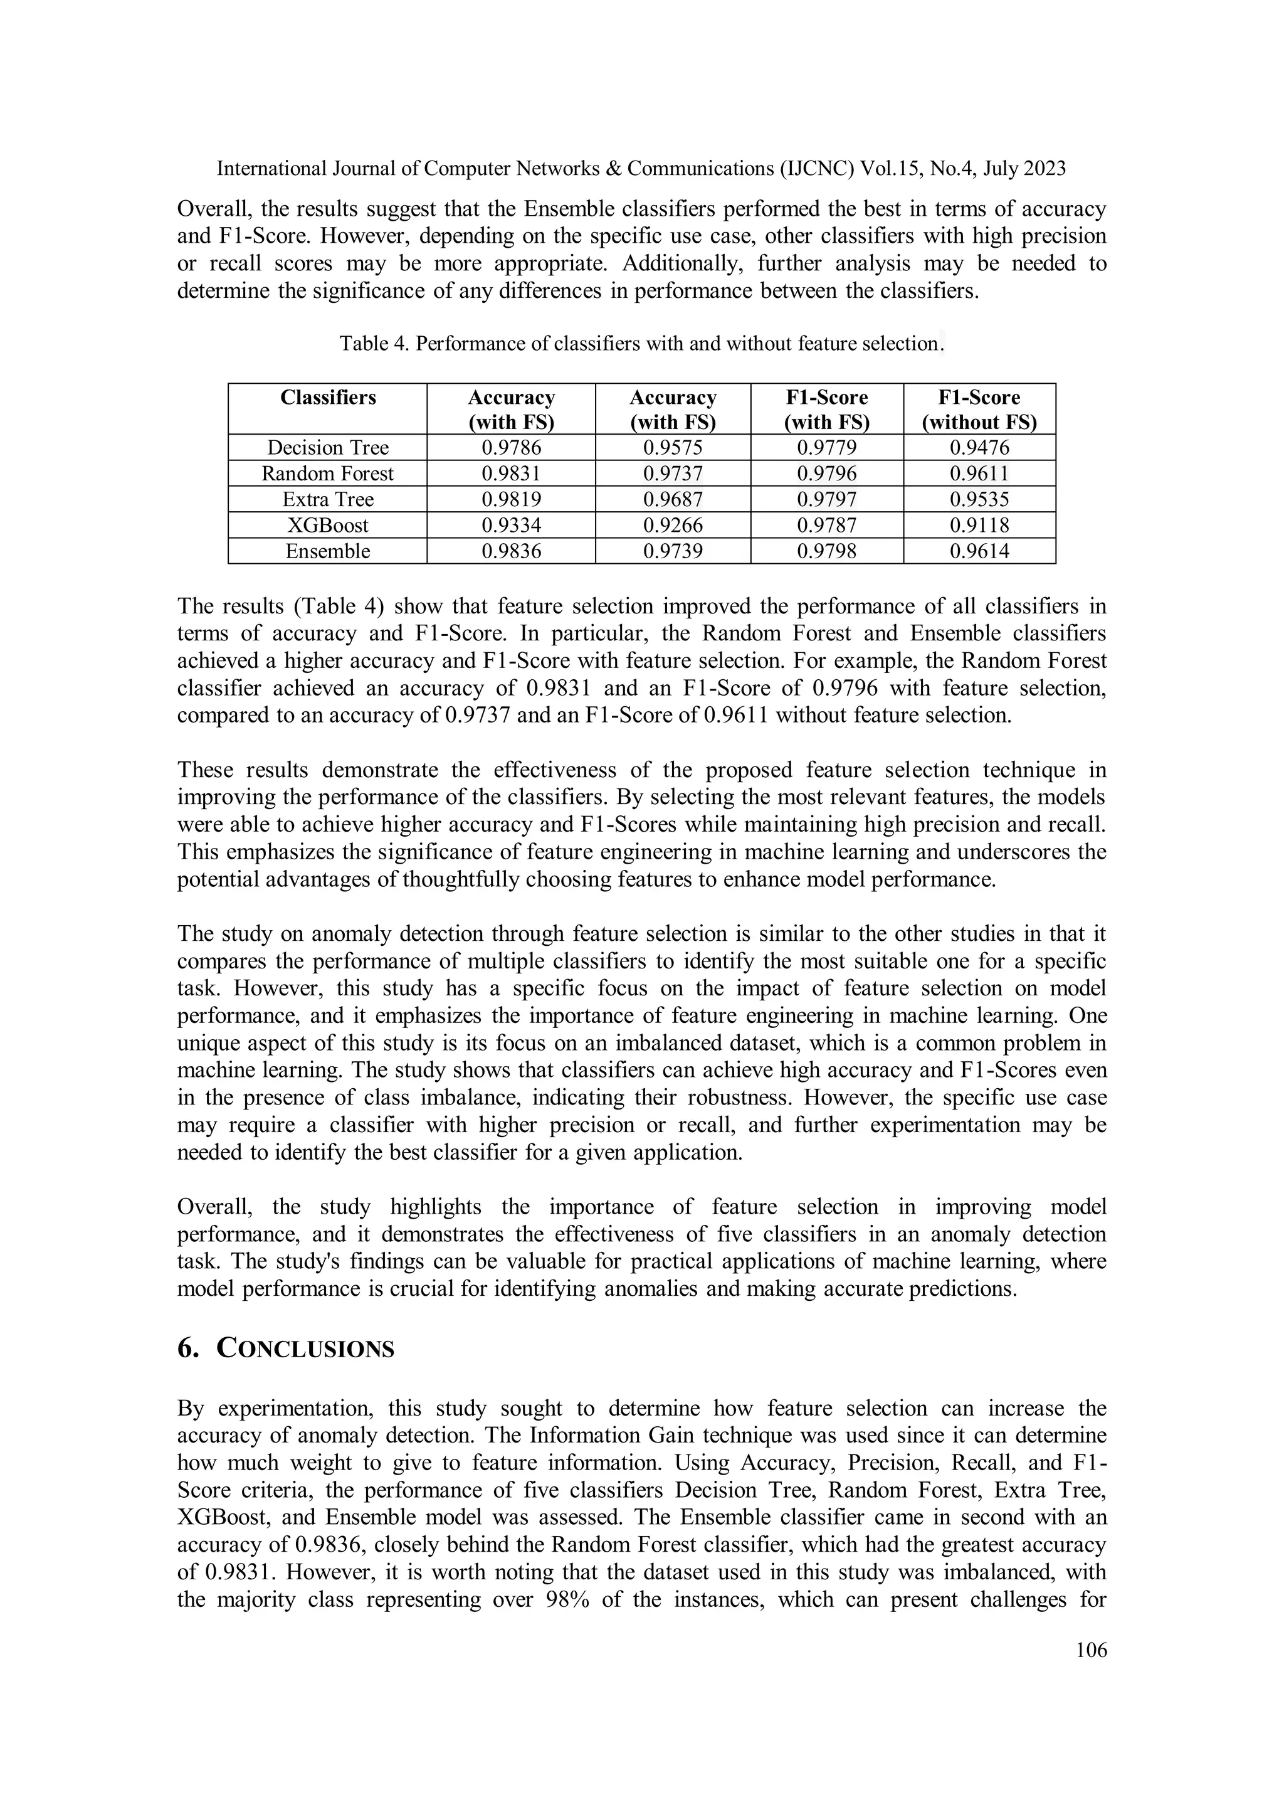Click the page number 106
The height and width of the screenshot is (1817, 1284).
[x=1091, y=1650]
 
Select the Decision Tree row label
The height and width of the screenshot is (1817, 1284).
[x=327, y=448]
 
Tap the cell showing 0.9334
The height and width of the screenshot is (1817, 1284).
[x=511, y=526]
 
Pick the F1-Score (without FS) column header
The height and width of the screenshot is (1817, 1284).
[x=979, y=409]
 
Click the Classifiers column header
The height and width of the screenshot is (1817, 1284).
[x=327, y=397]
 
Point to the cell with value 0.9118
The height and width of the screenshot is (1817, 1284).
[x=979, y=526]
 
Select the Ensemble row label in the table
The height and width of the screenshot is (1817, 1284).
[x=327, y=551]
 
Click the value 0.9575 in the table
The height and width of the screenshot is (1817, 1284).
[x=673, y=448]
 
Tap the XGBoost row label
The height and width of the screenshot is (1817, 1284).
[x=327, y=526]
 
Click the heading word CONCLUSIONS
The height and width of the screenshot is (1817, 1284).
[x=305, y=1348]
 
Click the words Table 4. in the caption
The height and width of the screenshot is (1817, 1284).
[x=374, y=344]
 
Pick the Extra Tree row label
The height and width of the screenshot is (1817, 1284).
[x=327, y=499]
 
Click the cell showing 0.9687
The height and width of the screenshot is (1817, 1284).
[x=673, y=499]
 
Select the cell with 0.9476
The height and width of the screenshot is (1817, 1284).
[x=979, y=448]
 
